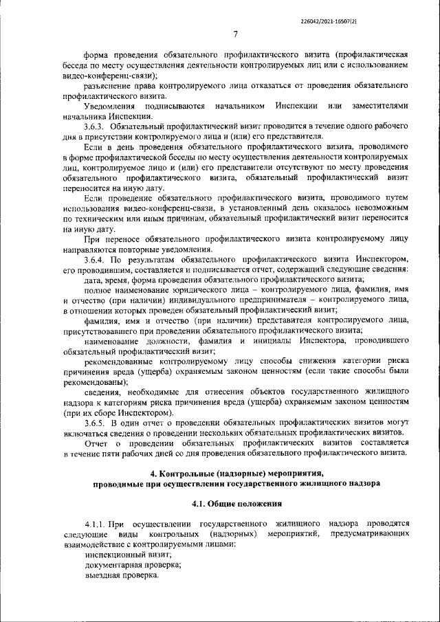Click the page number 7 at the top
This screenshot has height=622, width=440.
pyautogui.click(x=235, y=34)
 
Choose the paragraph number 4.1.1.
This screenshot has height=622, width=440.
pyautogui.click(x=98, y=524)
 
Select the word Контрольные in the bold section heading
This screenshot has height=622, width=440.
pyautogui.click(x=192, y=473)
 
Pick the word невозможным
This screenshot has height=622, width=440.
pyautogui.click(x=379, y=208)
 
